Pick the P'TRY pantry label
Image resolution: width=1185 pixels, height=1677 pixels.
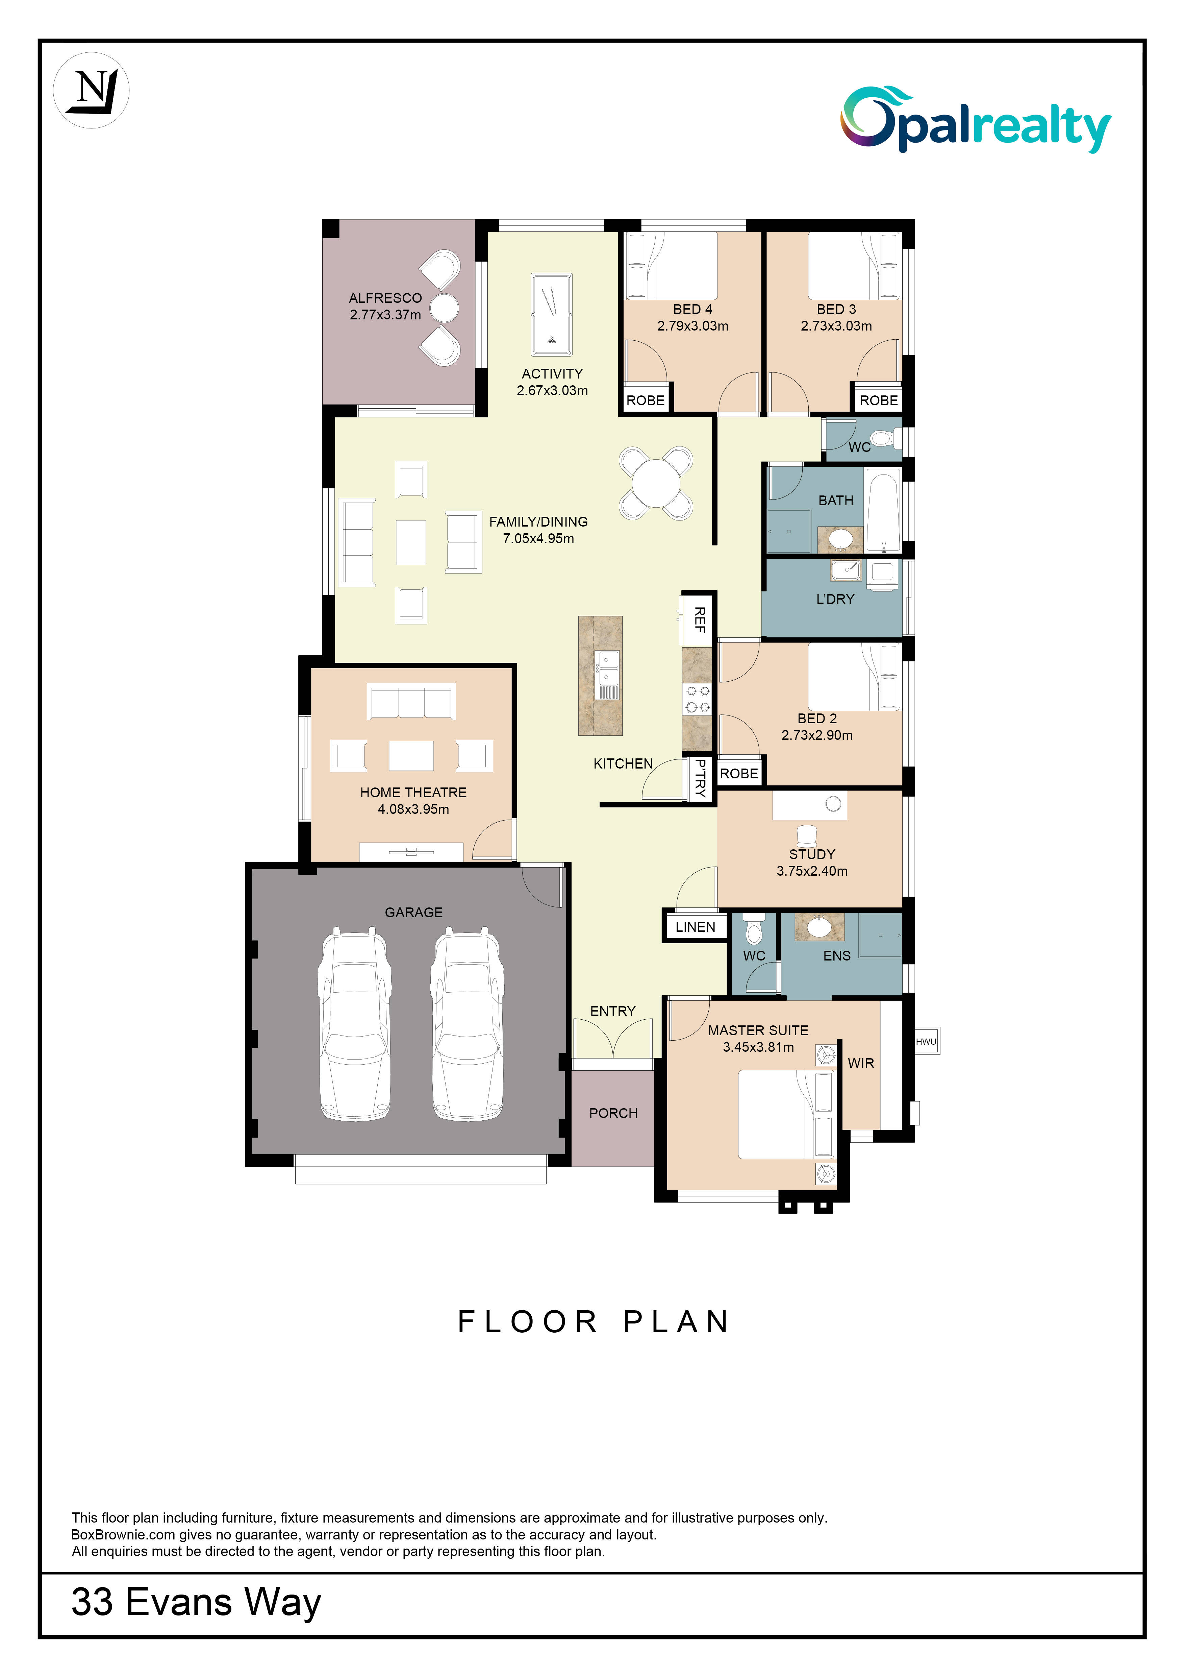(700, 778)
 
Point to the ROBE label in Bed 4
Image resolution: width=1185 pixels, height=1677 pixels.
(646, 400)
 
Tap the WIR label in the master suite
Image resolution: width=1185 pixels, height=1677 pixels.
(861, 1064)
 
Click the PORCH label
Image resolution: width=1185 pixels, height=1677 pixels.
(613, 1113)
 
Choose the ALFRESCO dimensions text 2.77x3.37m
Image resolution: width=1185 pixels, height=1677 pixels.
(385, 315)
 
